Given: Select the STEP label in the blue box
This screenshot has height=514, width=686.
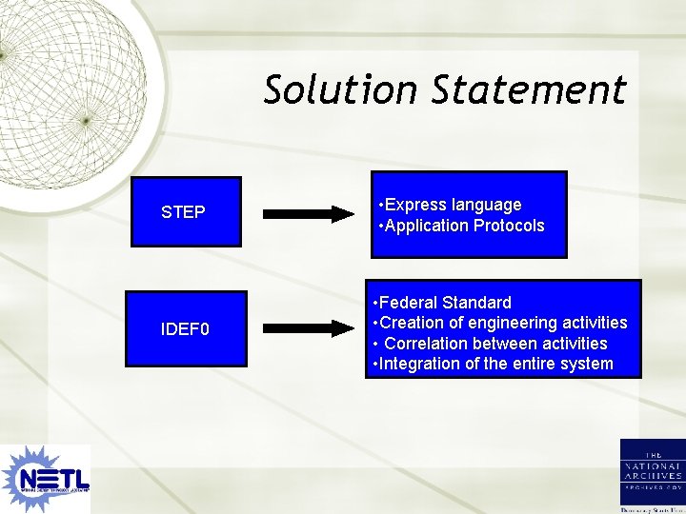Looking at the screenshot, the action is (183, 212).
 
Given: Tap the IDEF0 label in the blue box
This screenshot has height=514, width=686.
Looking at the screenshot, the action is (185, 329).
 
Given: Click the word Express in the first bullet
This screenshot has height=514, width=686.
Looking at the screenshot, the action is (414, 205).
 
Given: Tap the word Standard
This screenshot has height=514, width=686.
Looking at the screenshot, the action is (479, 303).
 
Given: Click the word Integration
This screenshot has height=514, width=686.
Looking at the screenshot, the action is (423, 364).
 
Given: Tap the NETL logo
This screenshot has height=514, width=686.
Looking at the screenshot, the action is (46, 478).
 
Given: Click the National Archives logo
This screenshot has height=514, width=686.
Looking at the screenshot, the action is (652, 476).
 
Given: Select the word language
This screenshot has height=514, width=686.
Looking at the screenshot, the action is (487, 205).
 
